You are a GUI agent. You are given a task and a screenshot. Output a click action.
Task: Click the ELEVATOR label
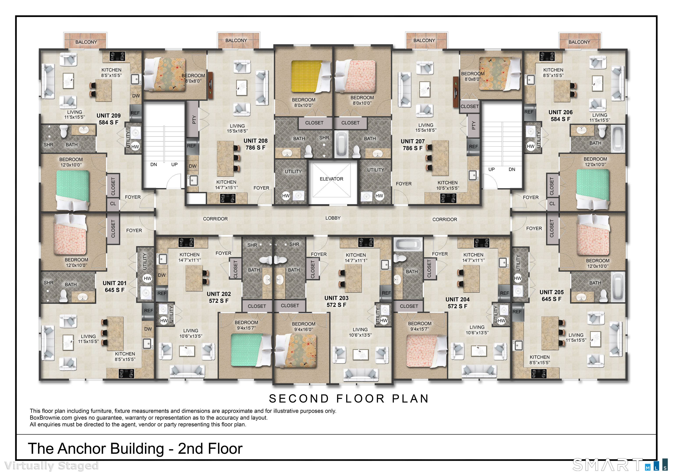tap(331, 179)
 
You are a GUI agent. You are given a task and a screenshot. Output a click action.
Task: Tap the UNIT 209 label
tap(108, 115)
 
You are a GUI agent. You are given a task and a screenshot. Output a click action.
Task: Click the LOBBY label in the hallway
tap(333, 218)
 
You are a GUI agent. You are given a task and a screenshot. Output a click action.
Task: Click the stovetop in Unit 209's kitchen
tap(117, 56)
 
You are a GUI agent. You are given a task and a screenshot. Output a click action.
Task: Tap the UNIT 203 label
tap(336, 298)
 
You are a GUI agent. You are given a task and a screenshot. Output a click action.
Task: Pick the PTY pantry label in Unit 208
tap(193, 119)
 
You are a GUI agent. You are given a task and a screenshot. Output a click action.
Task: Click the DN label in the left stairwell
tap(154, 165)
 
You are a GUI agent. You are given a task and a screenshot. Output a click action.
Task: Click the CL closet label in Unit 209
tap(113, 204)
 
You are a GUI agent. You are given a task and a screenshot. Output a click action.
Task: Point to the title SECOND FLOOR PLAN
tap(349, 399)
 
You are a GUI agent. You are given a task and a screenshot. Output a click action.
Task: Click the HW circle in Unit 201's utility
tap(147, 278)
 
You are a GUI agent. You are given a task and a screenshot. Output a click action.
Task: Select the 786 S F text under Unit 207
tap(413, 148)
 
